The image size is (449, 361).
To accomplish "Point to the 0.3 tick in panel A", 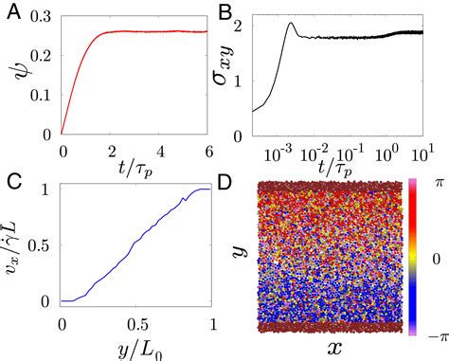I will pos(42,18).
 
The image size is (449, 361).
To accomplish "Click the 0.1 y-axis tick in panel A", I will pos(42,94).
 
